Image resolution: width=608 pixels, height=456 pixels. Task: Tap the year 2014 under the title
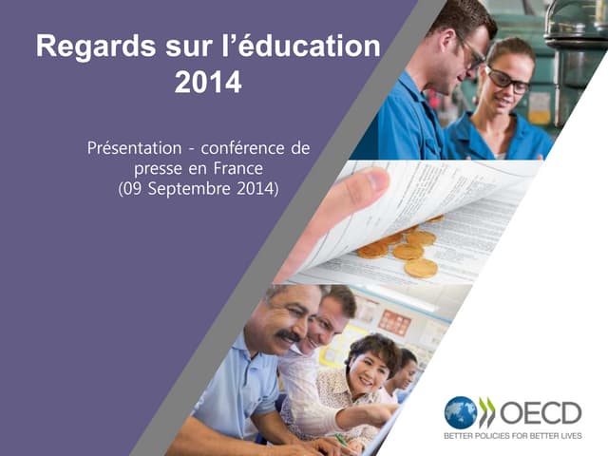[x=208, y=84]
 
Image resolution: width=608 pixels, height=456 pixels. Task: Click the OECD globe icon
[x=461, y=413]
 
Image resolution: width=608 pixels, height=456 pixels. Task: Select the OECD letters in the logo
[x=541, y=413]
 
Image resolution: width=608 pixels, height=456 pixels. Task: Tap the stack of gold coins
[x=399, y=251]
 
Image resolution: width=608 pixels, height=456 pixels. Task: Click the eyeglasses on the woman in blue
[x=508, y=81]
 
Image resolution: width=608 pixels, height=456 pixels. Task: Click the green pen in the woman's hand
[x=340, y=439]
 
